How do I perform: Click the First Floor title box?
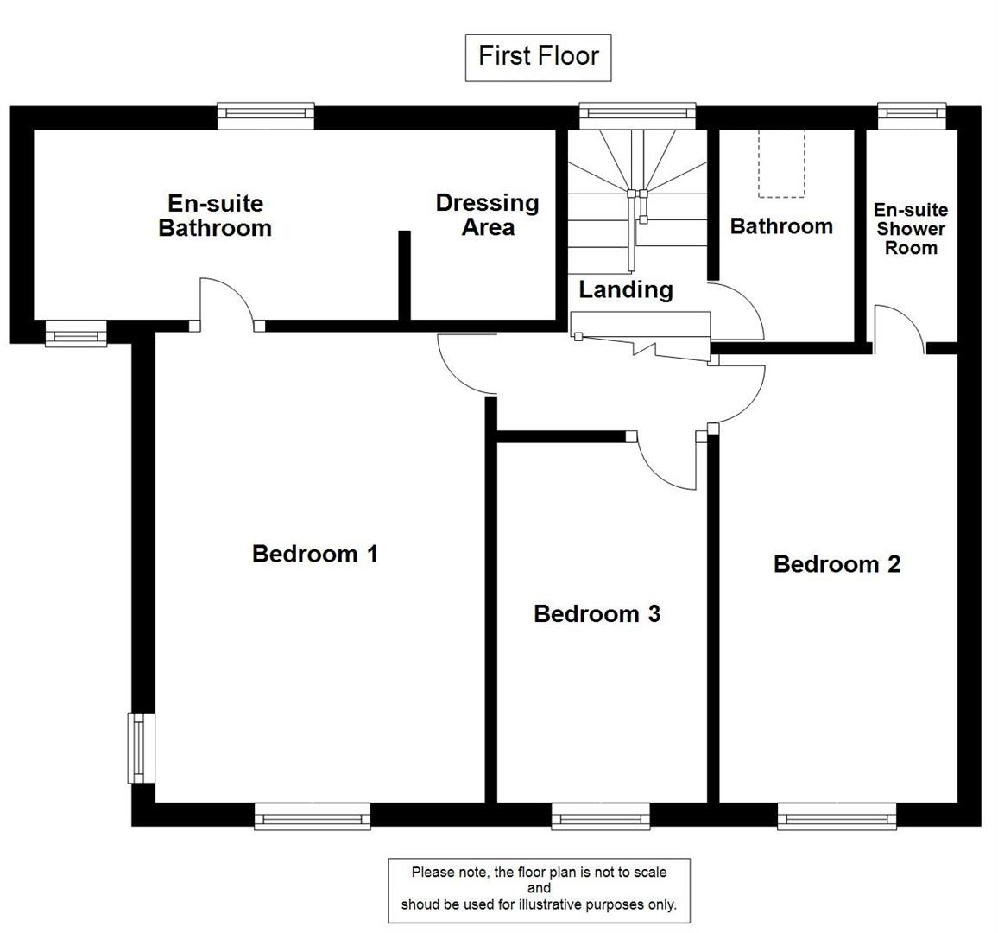[538, 57]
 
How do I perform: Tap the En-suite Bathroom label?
[215, 216]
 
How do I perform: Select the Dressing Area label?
[487, 214]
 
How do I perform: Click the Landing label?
[625, 289]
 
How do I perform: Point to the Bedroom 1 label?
[314, 554]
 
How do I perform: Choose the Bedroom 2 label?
[837, 564]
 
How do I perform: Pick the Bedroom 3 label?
[597, 613]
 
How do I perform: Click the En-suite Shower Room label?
[910, 229]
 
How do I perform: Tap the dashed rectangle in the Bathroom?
[781, 163]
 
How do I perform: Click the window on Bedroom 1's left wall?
[138, 747]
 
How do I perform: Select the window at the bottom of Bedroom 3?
[600, 816]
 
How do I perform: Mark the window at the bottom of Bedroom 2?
[837, 816]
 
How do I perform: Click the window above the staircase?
[637, 114]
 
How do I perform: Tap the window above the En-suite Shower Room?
[912, 114]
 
